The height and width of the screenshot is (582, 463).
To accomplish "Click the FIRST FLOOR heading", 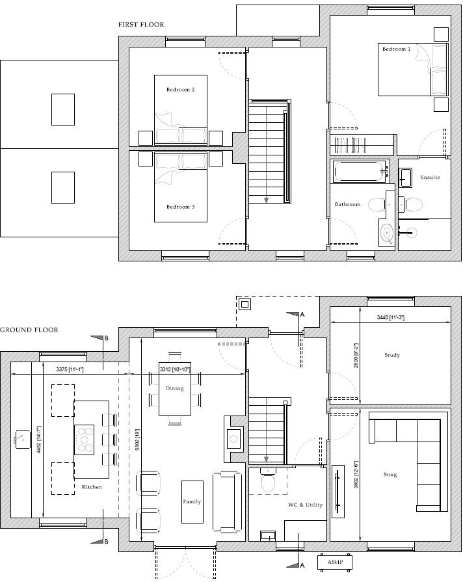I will (x=141, y=25).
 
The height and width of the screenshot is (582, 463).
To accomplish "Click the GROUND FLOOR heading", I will (x=29, y=330).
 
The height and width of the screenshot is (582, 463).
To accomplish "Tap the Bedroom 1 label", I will (x=396, y=49).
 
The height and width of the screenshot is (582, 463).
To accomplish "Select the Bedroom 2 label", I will (x=180, y=90).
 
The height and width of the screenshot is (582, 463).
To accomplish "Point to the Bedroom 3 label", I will (x=180, y=207).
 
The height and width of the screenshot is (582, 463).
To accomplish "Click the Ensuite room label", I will (x=430, y=178).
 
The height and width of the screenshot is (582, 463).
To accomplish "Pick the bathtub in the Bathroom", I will (x=359, y=172).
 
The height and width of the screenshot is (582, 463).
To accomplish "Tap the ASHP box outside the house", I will (x=335, y=561).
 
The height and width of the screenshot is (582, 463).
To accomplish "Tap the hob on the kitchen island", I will (x=85, y=439).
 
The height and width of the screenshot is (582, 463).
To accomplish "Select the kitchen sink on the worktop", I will (x=24, y=439).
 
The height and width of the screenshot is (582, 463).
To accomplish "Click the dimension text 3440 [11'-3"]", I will (x=390, y=317).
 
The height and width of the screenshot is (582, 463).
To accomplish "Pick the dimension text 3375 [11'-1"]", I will (x=71, y=369).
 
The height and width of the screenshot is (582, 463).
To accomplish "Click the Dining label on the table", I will (x=175, y=388).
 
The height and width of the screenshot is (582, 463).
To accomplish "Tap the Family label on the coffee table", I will (x=192, y=502).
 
